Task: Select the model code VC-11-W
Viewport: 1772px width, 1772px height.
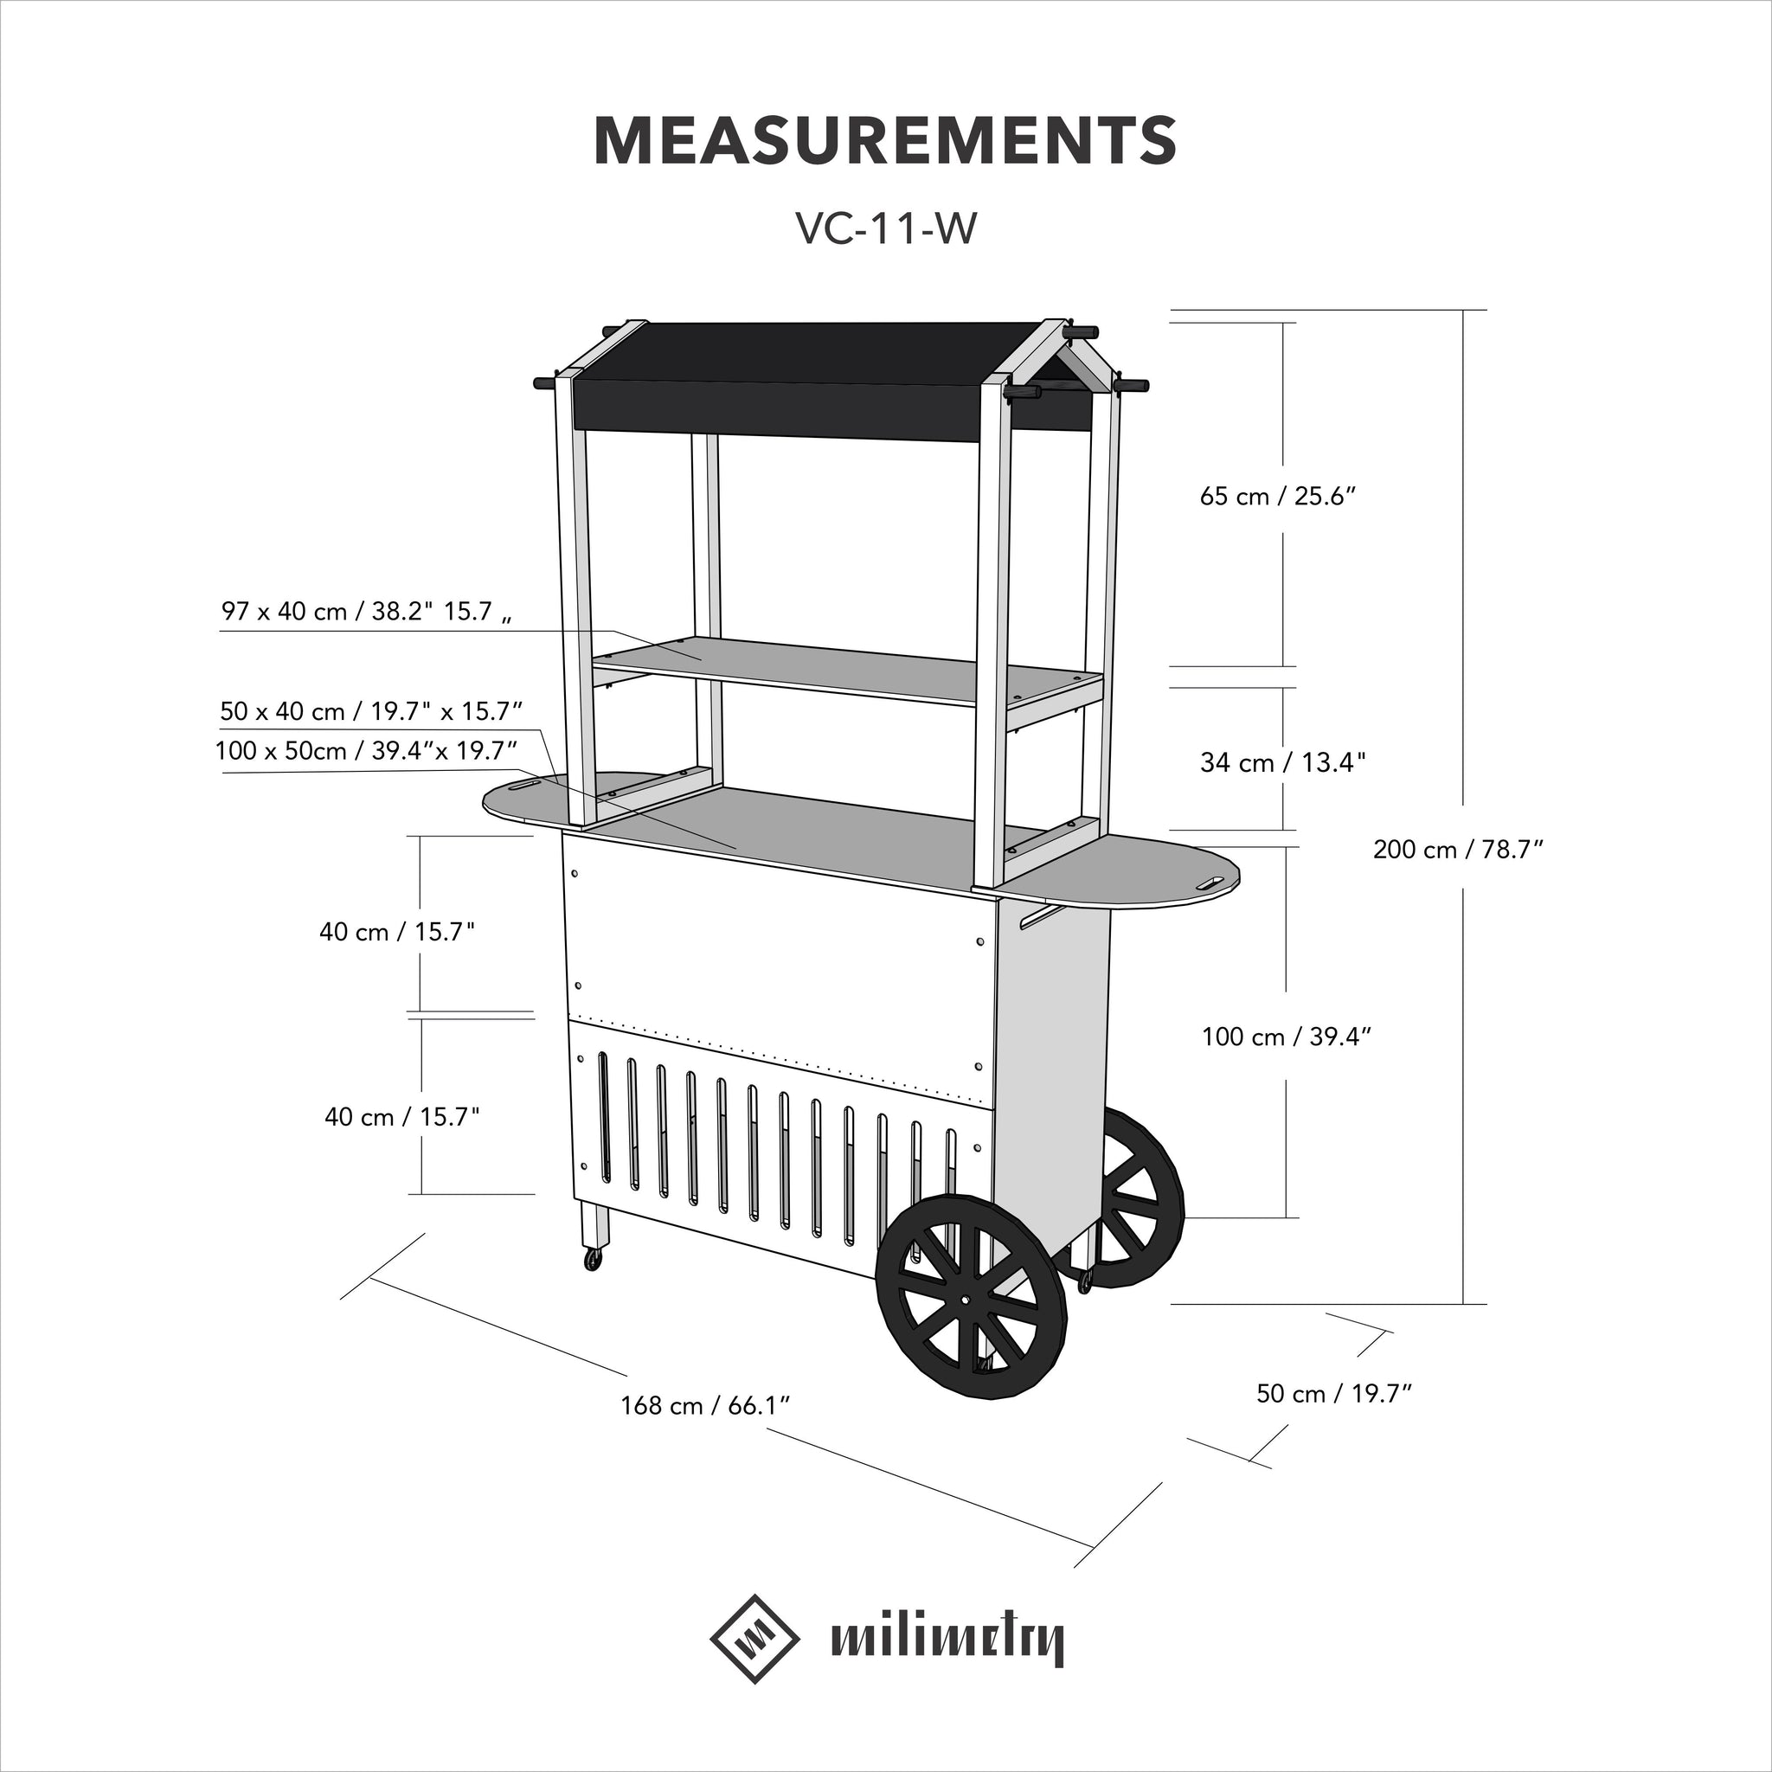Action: [885, 230]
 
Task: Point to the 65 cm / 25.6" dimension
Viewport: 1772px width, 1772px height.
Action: [1278, 496]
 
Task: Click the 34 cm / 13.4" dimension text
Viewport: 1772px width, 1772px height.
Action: [1282, 762]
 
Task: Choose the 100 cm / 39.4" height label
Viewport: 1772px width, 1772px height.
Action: [1286, 1037]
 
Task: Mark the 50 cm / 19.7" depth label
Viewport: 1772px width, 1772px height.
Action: [1332, 1393]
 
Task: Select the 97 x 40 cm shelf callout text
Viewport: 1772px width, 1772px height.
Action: [365, 612]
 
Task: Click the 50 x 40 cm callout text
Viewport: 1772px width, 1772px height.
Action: [370, 711]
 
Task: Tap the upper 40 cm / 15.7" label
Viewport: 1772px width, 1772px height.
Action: [397, 932]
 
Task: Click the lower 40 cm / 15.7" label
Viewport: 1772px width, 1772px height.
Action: [401, 1117]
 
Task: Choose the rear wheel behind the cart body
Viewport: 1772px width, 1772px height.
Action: [1137, 1192]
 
